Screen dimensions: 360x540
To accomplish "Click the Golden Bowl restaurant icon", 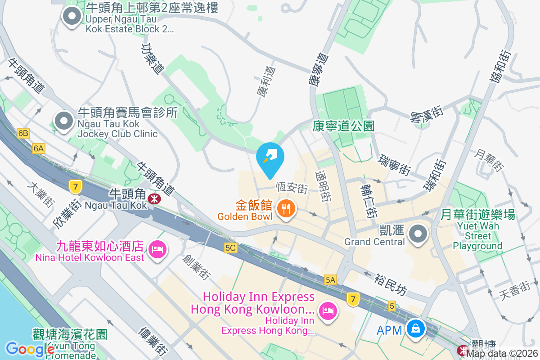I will tap(285, 209).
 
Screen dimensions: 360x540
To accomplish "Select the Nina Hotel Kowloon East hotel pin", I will tap(157, 249).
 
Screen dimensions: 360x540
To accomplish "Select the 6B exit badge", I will tap(23, 133).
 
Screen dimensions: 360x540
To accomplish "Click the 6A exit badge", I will tap(39, 148).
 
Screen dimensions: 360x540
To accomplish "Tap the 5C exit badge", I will tap(230, 248).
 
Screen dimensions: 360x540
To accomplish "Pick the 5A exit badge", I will tap(330, 280).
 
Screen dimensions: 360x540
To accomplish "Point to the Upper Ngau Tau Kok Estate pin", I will tap(71, 17).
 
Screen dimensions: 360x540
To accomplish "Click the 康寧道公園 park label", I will tap(343, 126).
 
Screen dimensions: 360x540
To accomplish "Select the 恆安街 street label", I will tap(291, 187).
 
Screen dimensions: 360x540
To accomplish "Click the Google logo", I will tap(30, 349).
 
